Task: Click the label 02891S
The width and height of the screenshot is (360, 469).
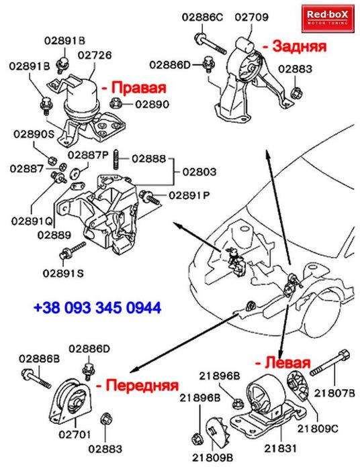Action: click(62, 272)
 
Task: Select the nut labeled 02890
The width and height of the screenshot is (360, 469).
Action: click(114, 104)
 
